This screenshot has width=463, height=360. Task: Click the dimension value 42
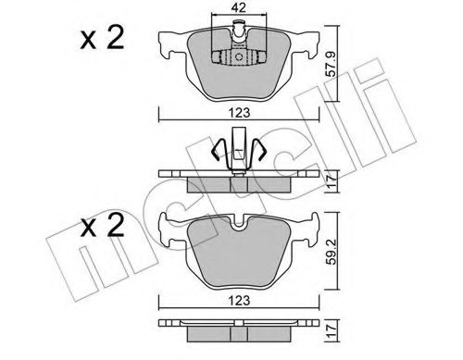pos(238,6)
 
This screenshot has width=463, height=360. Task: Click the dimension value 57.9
pos(331,64)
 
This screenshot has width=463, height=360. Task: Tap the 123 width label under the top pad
pos(240,113)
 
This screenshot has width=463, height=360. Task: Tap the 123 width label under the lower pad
pos(240,300)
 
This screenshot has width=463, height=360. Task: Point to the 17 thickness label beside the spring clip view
pos(332,181)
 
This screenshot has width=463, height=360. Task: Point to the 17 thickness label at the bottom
pos(332,330)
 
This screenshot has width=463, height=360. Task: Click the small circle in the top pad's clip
pos(239,57)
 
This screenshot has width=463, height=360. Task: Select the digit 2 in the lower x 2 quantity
pos(115,225)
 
